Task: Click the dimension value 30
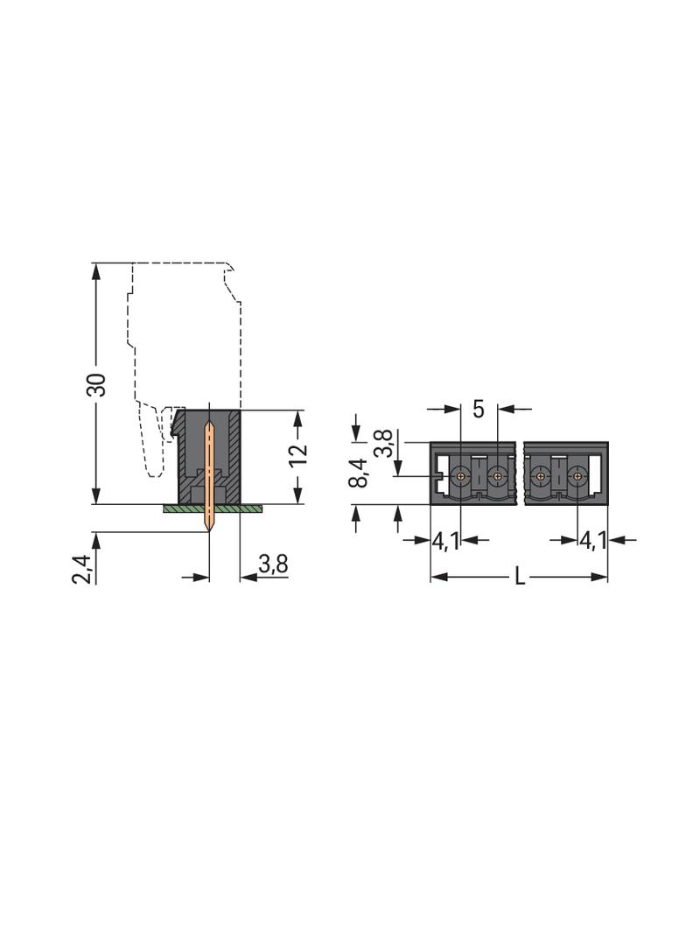pos(95,384)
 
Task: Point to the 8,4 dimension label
pos(359,474)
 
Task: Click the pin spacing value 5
pos(479,410)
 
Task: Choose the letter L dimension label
pos(520,577)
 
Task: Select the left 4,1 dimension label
pos(445,541)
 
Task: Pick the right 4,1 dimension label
pos(592,541)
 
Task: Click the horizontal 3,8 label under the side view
pos(273,563)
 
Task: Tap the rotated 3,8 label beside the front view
pos(384,443)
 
